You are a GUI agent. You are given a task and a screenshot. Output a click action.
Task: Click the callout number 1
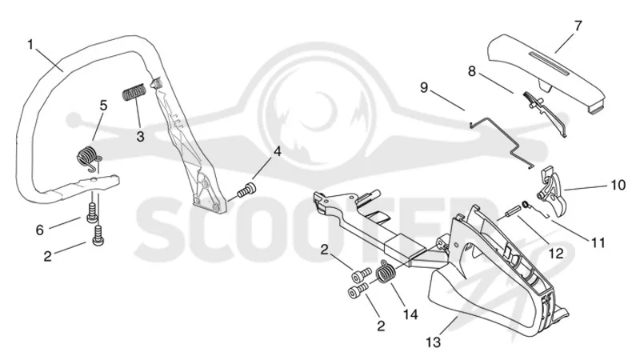pos(30,44)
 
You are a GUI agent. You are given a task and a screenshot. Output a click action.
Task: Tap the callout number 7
pos(578,26)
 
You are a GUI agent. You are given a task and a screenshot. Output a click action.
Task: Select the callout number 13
pos(434,342)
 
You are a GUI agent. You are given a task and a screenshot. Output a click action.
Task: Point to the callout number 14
pos(410,314)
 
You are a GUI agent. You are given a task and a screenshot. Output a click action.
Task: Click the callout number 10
pos(618,185)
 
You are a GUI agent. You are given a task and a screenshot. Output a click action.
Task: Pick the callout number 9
pos(424,87)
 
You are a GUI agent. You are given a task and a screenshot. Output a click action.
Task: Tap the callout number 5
pos(104,106)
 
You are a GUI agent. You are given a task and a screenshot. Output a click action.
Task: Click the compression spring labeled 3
pos(134,92)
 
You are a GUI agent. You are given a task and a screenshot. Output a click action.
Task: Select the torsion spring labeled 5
pos(90,156)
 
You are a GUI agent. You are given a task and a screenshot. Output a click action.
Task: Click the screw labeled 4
pos(246,190)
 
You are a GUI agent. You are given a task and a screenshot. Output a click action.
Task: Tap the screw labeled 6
pos(91,212)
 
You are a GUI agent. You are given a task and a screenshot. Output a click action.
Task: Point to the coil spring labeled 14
pos(386,270)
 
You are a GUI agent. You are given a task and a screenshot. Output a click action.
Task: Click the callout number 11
pos(598,243)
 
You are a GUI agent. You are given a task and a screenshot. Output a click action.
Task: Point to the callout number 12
pos(556,254)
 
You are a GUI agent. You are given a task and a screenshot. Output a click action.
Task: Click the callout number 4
pos(277,151)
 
